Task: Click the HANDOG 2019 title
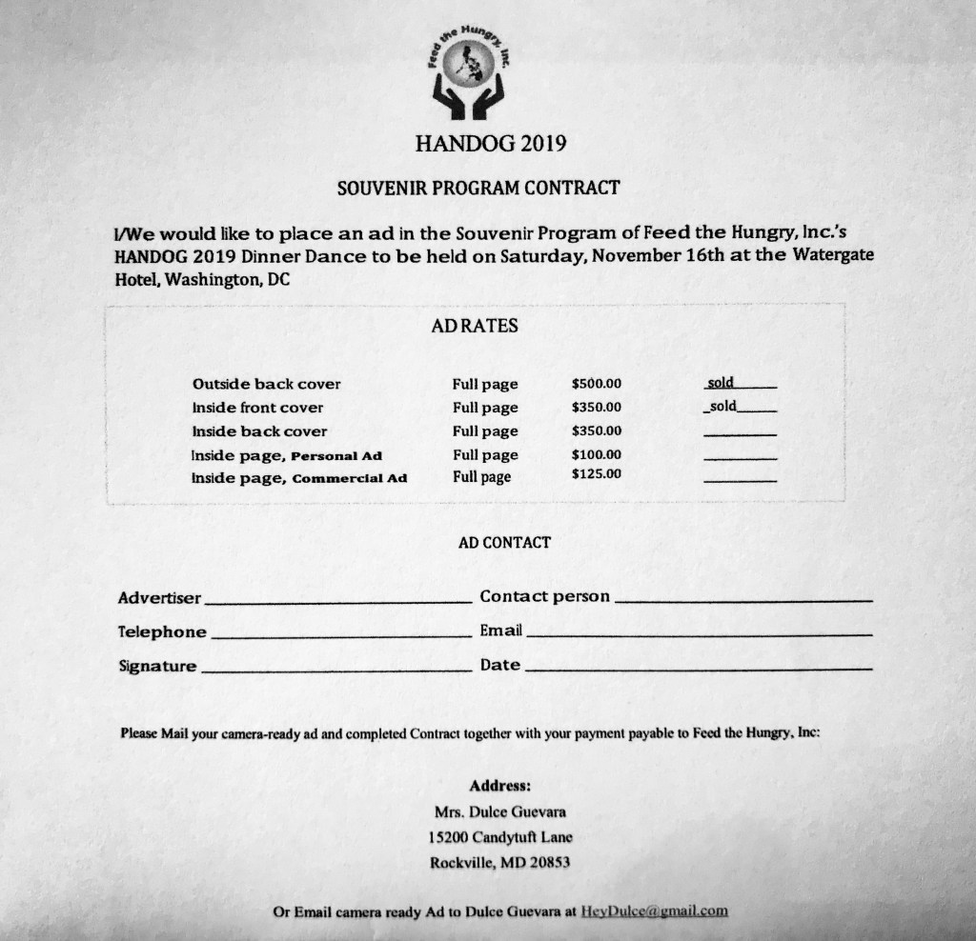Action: [x=491, y=145]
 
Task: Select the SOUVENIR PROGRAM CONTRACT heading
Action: [x=478, y=188]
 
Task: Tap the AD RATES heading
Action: [x=475, y=326]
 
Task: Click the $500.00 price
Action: [x=597, y=384]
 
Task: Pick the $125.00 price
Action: [x=597, y=473]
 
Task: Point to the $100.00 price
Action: [x=597, y=454]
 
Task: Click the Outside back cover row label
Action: [x=266, y=385]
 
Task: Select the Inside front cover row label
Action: [x=257, y=408]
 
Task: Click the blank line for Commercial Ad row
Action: [x=739, y=479]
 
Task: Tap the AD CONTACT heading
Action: [x=504, y=543]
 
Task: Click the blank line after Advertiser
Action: [x=338, y=602]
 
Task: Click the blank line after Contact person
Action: [x=742, y=600]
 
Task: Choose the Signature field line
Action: [x=335, y=670]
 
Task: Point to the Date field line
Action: [x=698, y=669]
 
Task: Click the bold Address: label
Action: [x=499, y=787]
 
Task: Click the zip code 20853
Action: [x=550, y=864]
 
